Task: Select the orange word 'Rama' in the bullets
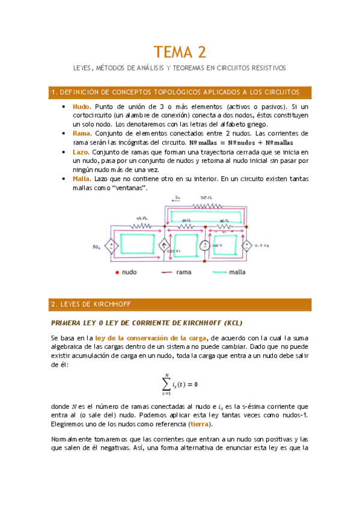click(81, 133)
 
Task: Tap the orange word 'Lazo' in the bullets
click(80, 153)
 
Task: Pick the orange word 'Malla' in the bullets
click(81, 179)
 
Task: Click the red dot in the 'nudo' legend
click(116, 272)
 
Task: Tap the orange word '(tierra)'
click(199, 424)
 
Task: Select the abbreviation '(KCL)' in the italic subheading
click(229, 323)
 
